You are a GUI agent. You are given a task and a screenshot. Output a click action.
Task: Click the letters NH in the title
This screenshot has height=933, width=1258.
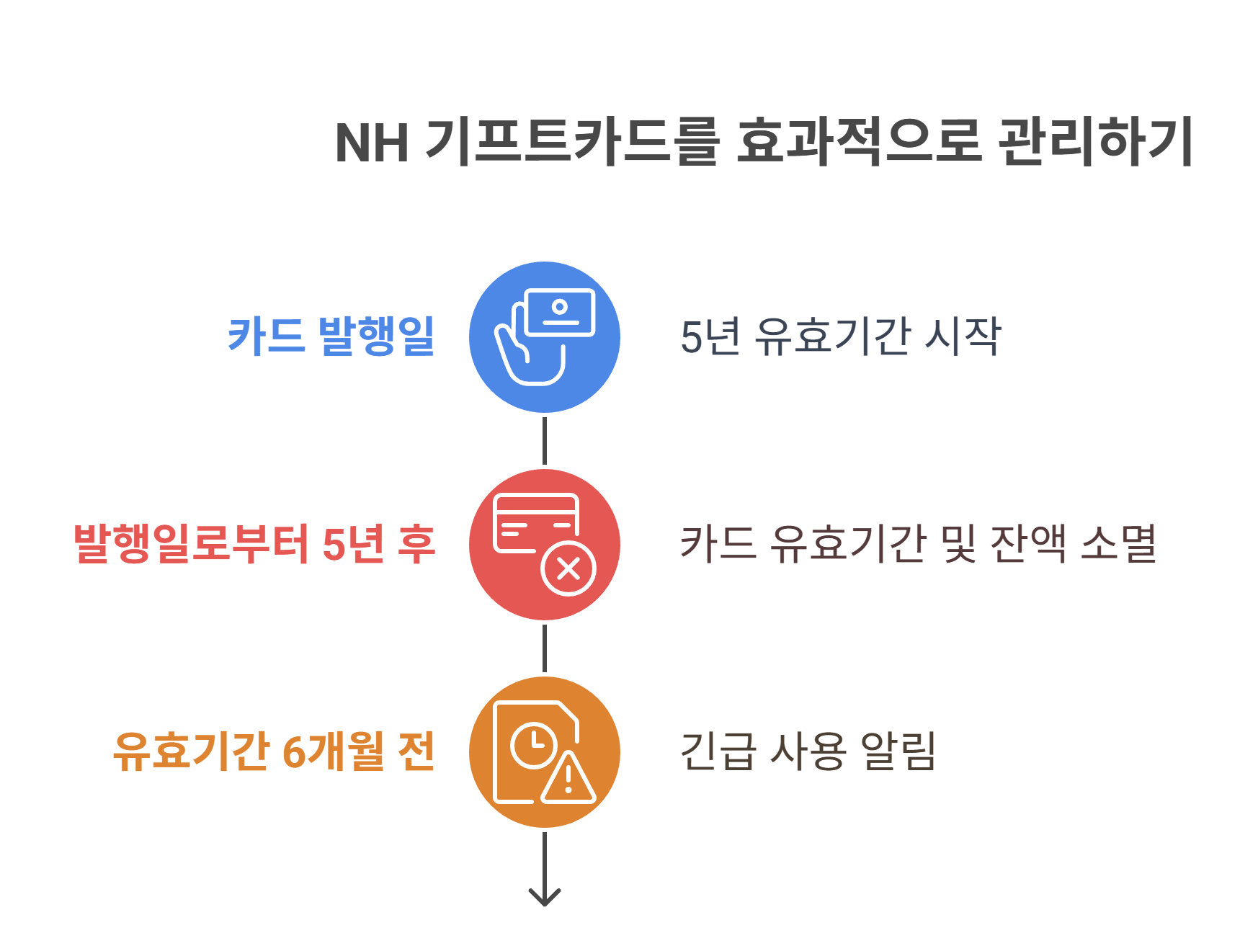pos(372,143)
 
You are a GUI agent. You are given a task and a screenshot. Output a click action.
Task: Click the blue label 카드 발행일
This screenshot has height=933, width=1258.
pos(331,336)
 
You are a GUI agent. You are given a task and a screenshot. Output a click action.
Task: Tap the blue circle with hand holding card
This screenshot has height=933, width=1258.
pos(544,337)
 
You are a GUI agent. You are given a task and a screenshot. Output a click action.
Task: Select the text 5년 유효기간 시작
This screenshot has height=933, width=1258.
pos(840,336)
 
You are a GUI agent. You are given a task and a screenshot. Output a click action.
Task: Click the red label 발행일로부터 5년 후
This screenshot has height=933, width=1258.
pos(254,544)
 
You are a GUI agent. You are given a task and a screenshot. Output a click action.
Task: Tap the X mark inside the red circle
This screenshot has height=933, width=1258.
pos(568,569)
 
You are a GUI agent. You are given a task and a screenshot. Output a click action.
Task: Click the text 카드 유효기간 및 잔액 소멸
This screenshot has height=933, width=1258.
pos(919,543)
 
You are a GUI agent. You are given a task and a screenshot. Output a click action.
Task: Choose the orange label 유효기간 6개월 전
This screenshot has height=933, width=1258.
pos(274,751)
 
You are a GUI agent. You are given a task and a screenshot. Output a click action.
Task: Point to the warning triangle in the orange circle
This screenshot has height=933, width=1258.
pos(568,780)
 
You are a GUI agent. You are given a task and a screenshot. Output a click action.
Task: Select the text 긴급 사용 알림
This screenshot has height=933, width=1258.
pos(808,751)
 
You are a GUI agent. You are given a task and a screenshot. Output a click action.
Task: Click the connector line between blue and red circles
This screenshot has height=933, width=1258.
pos(544,441)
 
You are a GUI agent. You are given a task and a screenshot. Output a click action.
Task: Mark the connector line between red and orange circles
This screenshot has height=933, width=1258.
pos(544,648)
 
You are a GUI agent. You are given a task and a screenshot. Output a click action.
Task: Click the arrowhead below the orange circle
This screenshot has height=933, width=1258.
pos(544,896)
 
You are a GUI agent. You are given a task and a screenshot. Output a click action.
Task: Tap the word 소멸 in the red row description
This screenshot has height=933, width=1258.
pos(1119,543)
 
